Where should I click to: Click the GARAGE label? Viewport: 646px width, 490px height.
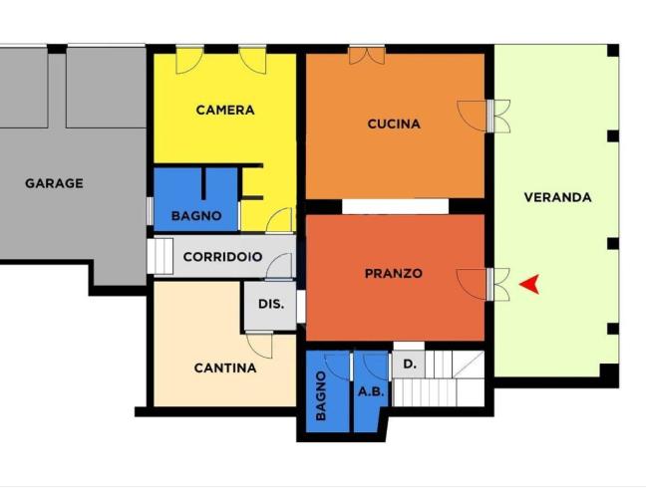point(54,183)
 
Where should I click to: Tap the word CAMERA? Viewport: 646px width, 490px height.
point(224,110)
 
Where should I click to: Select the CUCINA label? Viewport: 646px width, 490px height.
point(394,124)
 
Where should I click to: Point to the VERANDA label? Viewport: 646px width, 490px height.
point(557,197)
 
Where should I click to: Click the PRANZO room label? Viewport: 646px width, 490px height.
point(393,273)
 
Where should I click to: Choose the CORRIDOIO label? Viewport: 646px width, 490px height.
point(223,257)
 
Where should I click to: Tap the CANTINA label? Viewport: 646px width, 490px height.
point(224,367)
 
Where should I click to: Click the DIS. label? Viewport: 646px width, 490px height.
point(271,305)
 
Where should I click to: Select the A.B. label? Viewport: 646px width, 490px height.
point(370,392)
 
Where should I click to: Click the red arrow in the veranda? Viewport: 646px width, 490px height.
point(530,284)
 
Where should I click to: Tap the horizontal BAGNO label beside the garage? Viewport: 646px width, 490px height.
point(195,215)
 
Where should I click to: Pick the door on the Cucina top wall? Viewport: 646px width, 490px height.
point(366,55)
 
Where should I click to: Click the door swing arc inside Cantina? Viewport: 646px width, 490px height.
point(261,346)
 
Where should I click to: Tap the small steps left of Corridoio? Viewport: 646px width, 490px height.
point(161,255)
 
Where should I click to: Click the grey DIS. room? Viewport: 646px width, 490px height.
point(270,309)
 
